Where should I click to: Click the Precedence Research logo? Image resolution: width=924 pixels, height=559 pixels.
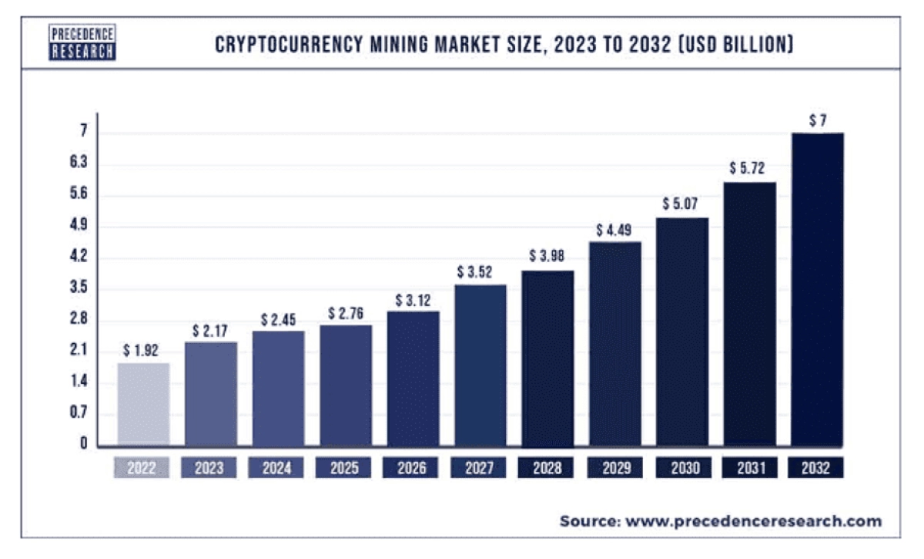coord(82,42)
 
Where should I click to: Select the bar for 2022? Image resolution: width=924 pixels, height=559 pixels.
coord(142,405)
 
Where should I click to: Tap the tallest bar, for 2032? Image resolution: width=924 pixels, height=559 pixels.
coord(818,289)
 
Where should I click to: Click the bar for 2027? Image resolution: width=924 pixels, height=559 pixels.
coord(480,365)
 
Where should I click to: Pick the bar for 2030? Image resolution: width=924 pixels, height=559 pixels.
coord(682,332)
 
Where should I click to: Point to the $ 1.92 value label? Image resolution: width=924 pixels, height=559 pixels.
coord(141,351)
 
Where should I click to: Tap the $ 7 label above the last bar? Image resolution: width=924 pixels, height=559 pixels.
coord(818,120)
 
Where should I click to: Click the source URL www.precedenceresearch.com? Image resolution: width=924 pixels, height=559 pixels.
coord(752,521)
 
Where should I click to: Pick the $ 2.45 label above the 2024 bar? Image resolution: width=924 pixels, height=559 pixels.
coord(278,319)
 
